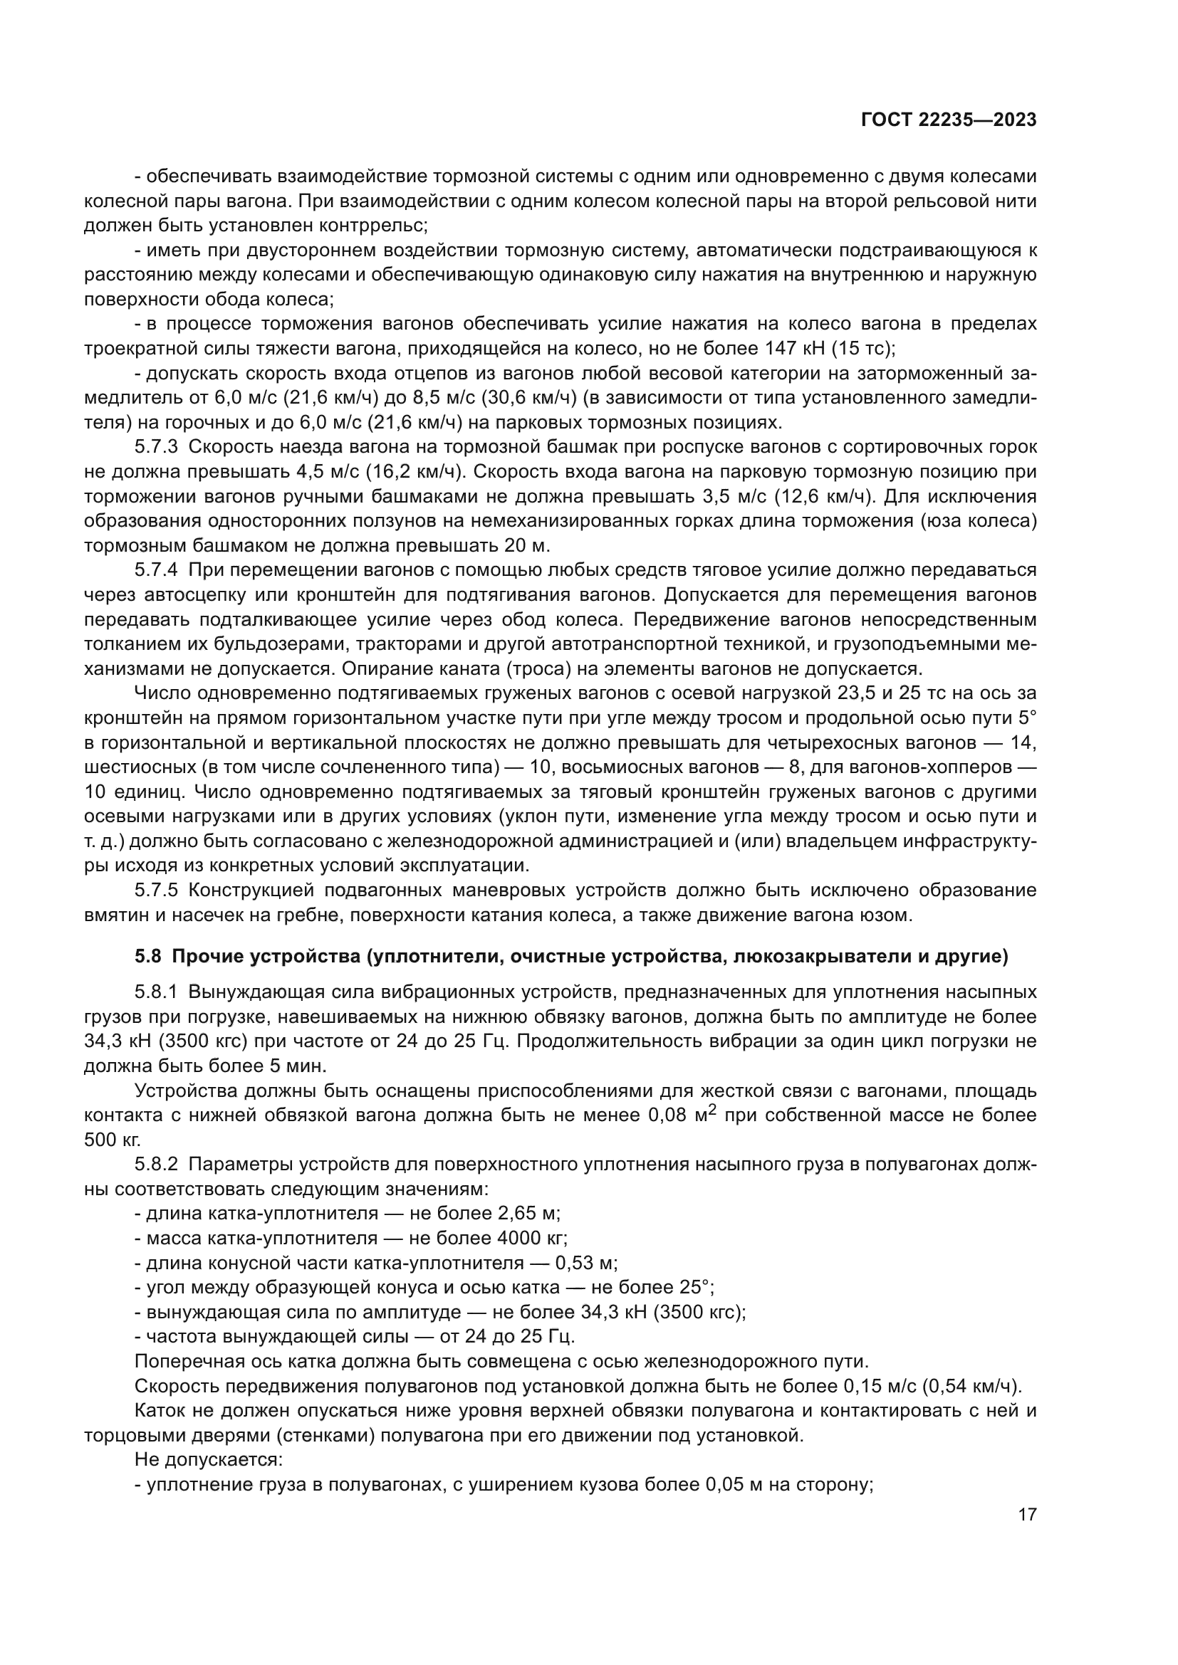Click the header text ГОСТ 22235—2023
(948, 120)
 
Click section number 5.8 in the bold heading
(147, 957)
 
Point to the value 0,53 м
(585, 1263)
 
